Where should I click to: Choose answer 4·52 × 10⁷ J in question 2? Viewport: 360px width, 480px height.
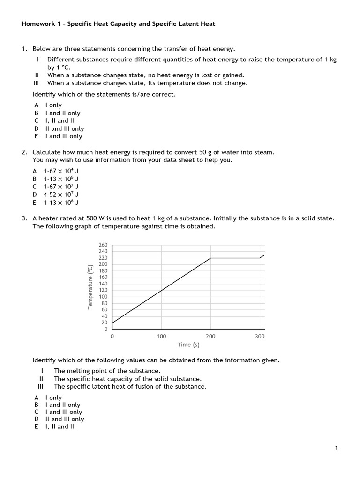(61, 195)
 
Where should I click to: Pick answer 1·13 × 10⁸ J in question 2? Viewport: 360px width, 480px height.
(61, 202)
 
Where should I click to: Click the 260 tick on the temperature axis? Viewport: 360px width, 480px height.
(103, 245)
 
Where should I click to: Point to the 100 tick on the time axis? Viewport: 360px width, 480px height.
(161, 337)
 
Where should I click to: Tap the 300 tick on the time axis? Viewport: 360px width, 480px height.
(260, 337)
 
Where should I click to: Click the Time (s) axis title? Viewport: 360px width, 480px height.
(188, 345)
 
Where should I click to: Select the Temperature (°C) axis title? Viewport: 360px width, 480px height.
(90, 287)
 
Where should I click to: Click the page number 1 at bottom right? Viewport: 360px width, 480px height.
(336, 449)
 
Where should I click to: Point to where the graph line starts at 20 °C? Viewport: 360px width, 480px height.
(112, 322)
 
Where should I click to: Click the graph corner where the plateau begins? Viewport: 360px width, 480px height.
(210, 258)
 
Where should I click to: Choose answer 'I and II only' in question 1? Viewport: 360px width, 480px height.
(62, 113)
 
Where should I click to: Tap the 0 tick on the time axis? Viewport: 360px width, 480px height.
(112, 337)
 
